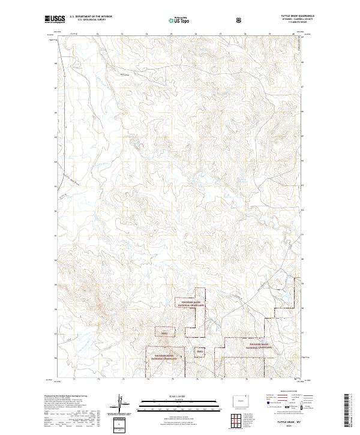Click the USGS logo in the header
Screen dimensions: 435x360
[55, 20]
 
